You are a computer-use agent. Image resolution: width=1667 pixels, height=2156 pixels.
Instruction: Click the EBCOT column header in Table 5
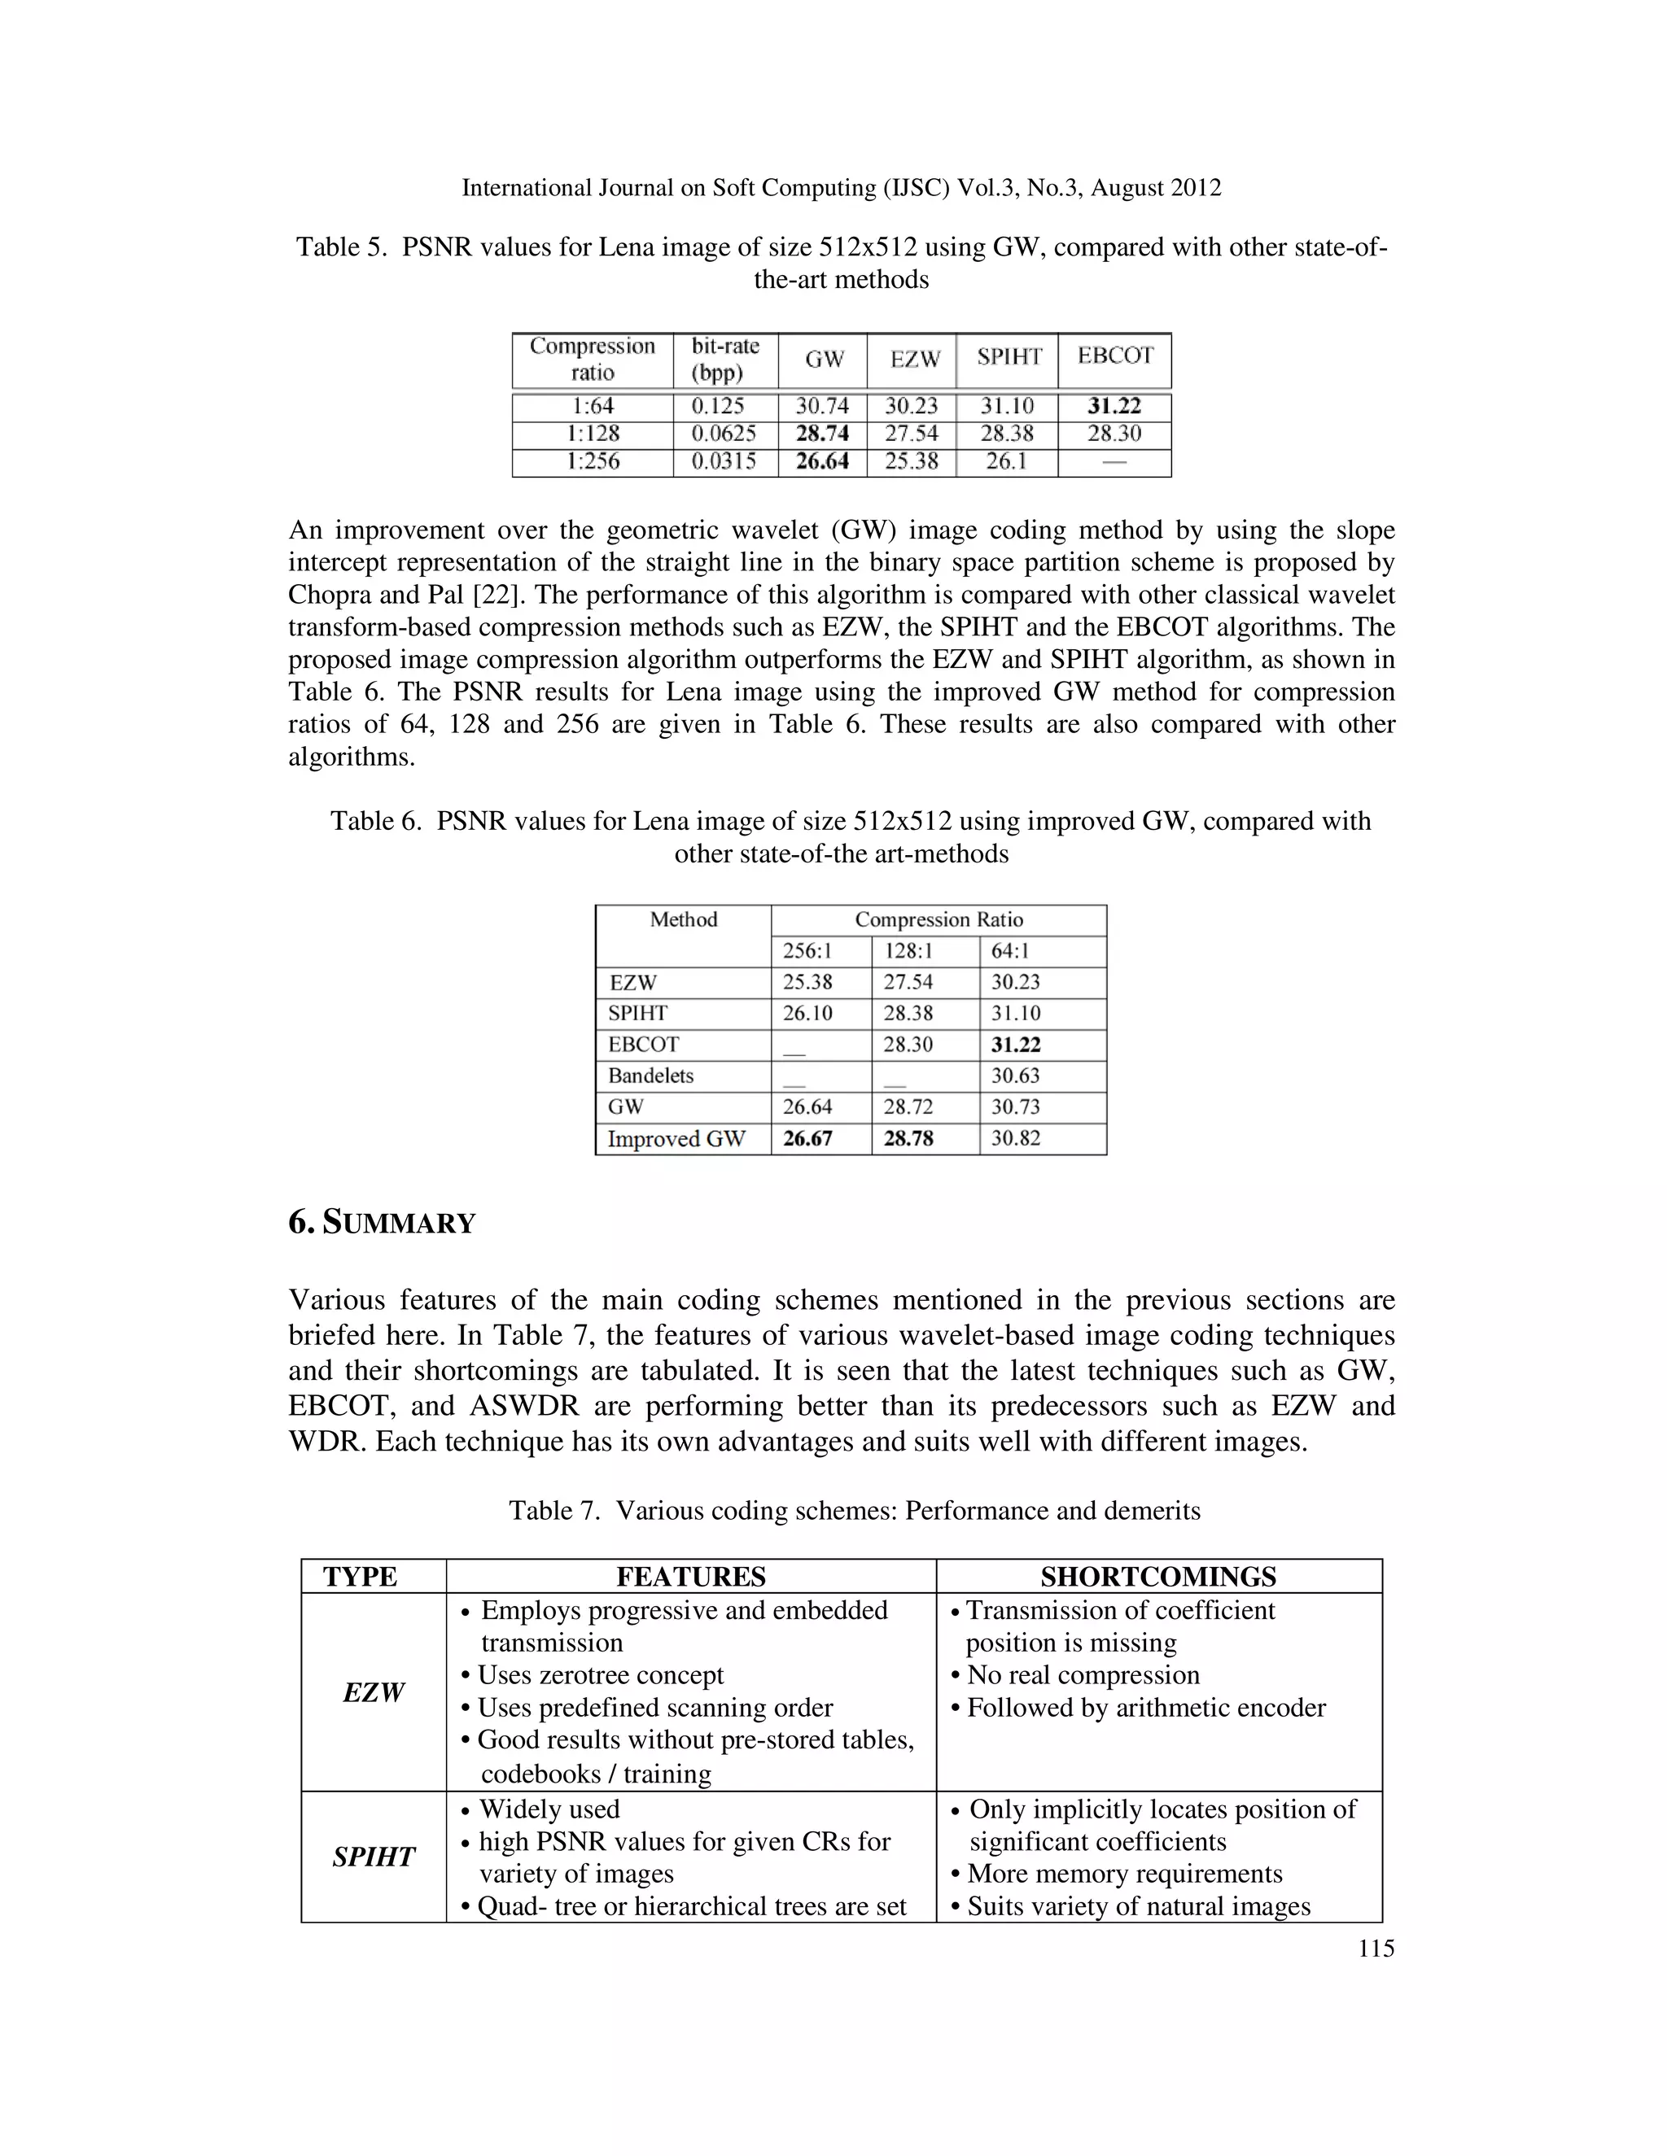coord(1114,356)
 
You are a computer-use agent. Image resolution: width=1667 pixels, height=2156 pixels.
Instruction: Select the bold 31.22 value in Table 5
coord(1114,407)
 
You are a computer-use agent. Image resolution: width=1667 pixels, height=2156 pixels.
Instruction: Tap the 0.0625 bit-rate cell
coord(725,434)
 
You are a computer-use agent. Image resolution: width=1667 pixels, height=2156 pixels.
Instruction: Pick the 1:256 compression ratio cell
coord(593,462)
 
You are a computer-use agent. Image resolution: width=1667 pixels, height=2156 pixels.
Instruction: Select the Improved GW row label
coord(676,1139)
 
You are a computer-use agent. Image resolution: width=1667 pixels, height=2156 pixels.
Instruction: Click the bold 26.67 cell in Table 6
coord(807,1139)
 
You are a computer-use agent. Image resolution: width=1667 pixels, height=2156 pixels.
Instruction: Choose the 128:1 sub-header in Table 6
coord(908,952)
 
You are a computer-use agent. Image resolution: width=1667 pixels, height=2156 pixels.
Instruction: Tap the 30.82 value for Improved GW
coord(1015,1139)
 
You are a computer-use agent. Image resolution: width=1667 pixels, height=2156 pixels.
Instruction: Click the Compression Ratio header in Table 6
coord(939,920)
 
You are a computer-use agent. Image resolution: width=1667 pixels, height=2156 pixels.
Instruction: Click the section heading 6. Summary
coord(383,1223)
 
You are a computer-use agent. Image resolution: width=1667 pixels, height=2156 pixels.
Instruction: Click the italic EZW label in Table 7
coord(374,1693)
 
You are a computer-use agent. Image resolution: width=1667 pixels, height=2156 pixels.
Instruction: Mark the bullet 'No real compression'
coord(1083,1675)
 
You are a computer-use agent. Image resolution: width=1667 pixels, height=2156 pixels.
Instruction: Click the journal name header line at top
coord(842,188)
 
